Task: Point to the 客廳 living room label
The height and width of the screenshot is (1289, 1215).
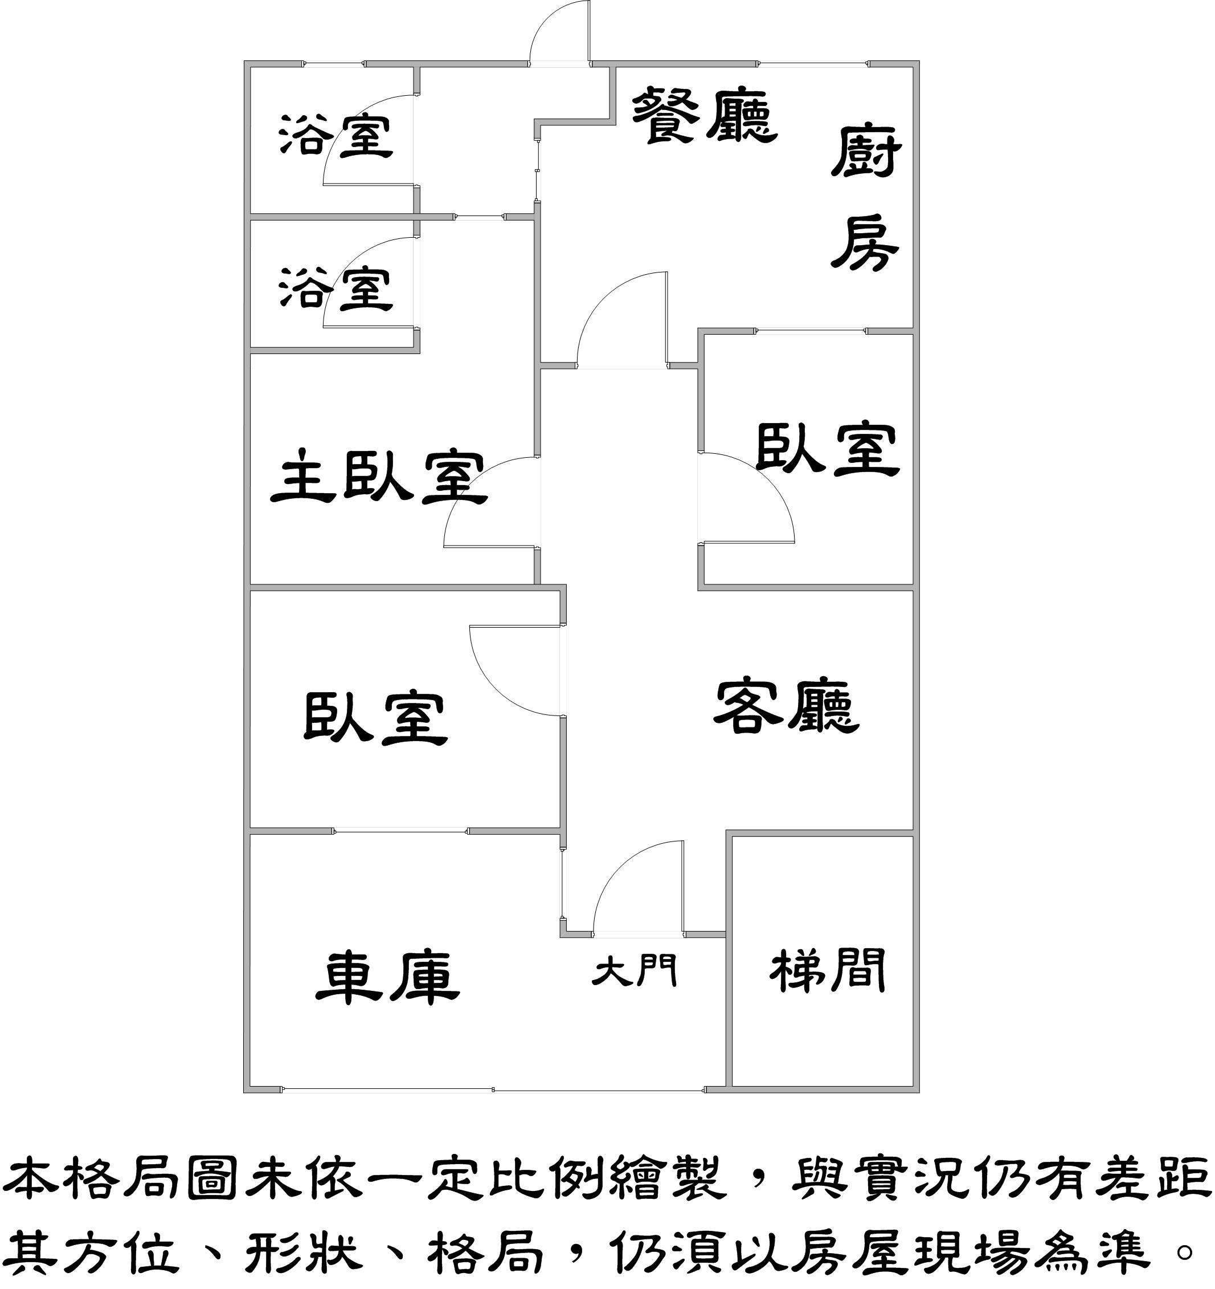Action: point(786,707)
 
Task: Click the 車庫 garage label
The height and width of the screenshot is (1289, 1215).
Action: point(387,978)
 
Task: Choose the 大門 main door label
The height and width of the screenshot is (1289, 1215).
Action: point(635,971)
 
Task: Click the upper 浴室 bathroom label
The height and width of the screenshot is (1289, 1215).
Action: point(336,136)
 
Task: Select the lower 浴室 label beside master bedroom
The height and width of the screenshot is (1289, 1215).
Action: point(336,288)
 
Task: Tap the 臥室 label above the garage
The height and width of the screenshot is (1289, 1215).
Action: point(376,718)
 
